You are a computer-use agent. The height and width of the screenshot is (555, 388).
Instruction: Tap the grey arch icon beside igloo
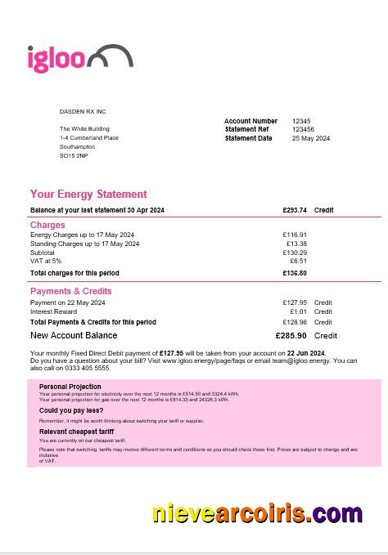click(x=109, y=56)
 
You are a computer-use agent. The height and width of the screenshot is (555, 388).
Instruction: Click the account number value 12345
click(x=301, y=121)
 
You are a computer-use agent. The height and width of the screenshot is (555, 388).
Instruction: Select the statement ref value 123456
click(x=303, y=129)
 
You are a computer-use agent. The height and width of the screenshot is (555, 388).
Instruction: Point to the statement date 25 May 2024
click(x=311, y=138)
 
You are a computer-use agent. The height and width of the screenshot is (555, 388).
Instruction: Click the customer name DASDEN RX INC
click(x=83, y=111)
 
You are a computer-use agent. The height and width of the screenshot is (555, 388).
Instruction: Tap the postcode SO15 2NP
click(x=74, y=155)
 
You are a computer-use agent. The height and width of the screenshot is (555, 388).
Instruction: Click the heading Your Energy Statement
click(x=88, y=195)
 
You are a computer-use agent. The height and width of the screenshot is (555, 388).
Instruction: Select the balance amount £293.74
click(x=294, y=210)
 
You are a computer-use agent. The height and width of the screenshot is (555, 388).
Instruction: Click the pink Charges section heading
click(x=47, y=225)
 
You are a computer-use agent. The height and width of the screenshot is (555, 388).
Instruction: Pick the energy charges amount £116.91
click(x=295, y=235)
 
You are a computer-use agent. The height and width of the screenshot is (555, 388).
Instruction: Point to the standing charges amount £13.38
click(x=296, y=244)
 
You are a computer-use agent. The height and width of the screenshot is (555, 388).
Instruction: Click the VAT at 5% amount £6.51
click(x=298, y=261)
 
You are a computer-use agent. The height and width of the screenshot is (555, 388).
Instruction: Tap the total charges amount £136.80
click(x=295, y=273)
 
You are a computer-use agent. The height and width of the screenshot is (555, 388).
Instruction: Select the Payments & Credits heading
click(x=71, y=291)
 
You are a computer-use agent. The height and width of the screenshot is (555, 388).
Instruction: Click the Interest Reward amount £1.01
click(x=298, y=311)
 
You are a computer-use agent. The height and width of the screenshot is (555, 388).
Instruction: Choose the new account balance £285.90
click(x=291, y=335)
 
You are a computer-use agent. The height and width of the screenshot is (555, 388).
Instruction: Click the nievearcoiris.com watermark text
click(x=257, y=513)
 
